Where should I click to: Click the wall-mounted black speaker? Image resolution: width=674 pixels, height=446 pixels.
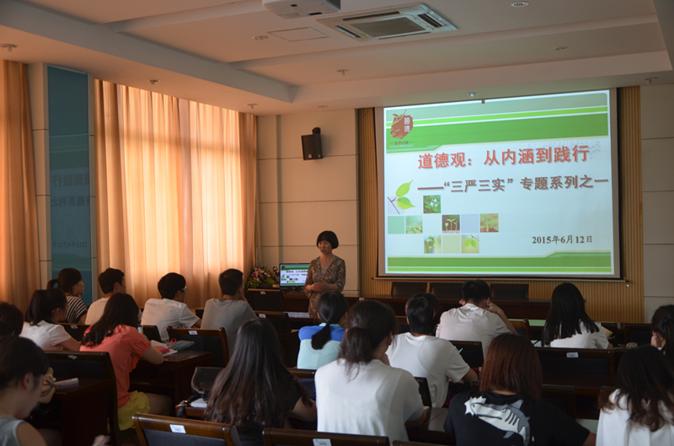click(x=312, y=144)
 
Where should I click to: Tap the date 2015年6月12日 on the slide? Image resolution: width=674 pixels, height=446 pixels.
click(x=561, y=239)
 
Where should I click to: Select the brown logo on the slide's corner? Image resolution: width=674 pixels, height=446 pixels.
click(x=401, y=126)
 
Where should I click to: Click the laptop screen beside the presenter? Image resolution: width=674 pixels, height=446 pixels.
click(x=293, y=275)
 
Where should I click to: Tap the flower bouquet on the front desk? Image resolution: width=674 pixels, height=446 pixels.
click(x=261, y=276)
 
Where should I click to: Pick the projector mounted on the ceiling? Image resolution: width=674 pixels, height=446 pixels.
click(x=302, y=8)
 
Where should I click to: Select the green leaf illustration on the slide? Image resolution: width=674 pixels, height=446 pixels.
click(x=403, y=196)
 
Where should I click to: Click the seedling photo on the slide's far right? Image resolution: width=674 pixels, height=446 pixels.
click(x=489, y=223)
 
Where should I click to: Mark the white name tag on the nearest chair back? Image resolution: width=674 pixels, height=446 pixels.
click(x=178, y=428)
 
